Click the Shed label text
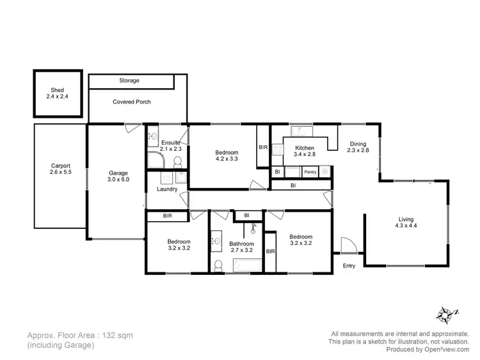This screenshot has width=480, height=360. pos(58,90)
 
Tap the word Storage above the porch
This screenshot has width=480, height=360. pos(129,81)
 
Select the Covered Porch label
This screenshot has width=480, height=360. pos(132,102)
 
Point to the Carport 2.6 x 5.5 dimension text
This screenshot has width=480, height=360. pos(61,172)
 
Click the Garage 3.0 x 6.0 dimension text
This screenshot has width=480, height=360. pos(118,180)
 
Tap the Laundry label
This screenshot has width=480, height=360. pos(167,189)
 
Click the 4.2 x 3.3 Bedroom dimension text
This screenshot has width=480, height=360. pos(227,159)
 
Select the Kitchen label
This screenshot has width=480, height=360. pos(305,148)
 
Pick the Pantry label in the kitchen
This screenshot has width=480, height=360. pos(310,172)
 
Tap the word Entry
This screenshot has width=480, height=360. pos(349,265)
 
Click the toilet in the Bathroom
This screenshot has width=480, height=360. pos(218,264)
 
